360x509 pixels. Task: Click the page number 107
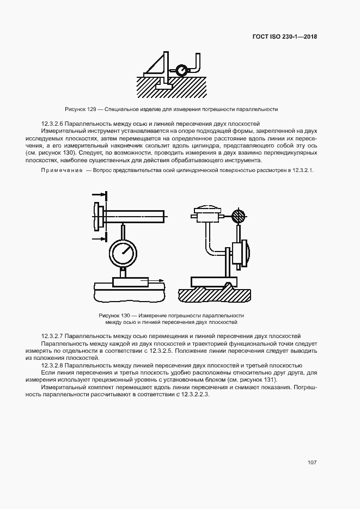pos(312,463)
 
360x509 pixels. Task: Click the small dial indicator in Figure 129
pos(180,70)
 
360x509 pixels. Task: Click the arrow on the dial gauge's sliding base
pos(156,281)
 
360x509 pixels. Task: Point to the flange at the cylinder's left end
pos(99,217)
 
